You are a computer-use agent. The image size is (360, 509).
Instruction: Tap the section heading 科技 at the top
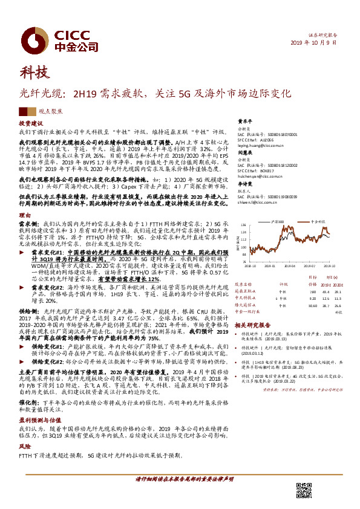tap(33, 73)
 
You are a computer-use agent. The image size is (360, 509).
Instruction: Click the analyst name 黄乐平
tap(244, 121)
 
